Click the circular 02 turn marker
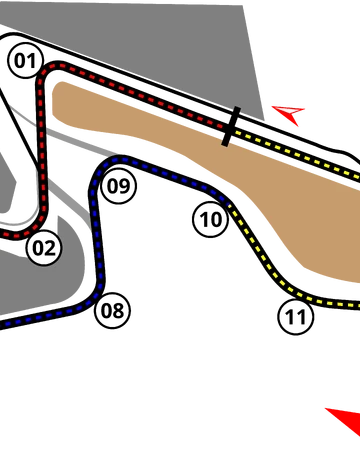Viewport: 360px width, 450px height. tap(43, 247)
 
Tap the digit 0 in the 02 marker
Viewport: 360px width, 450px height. tap(37, 247)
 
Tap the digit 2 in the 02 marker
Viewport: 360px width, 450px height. tap(49, 247)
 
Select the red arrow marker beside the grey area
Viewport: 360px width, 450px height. tap(288, 113)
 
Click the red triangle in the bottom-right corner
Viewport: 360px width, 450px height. tap(344, 419)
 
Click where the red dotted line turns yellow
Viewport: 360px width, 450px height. tap(233, 129)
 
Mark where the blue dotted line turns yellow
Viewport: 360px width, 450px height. tap(229, 204)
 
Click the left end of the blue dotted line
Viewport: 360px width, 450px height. tap(3, 324)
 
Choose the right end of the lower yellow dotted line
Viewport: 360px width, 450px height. tap(357, 305)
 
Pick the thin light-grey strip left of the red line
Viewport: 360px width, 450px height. tap(35, 190)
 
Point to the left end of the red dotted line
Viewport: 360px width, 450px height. tap(3, 236)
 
